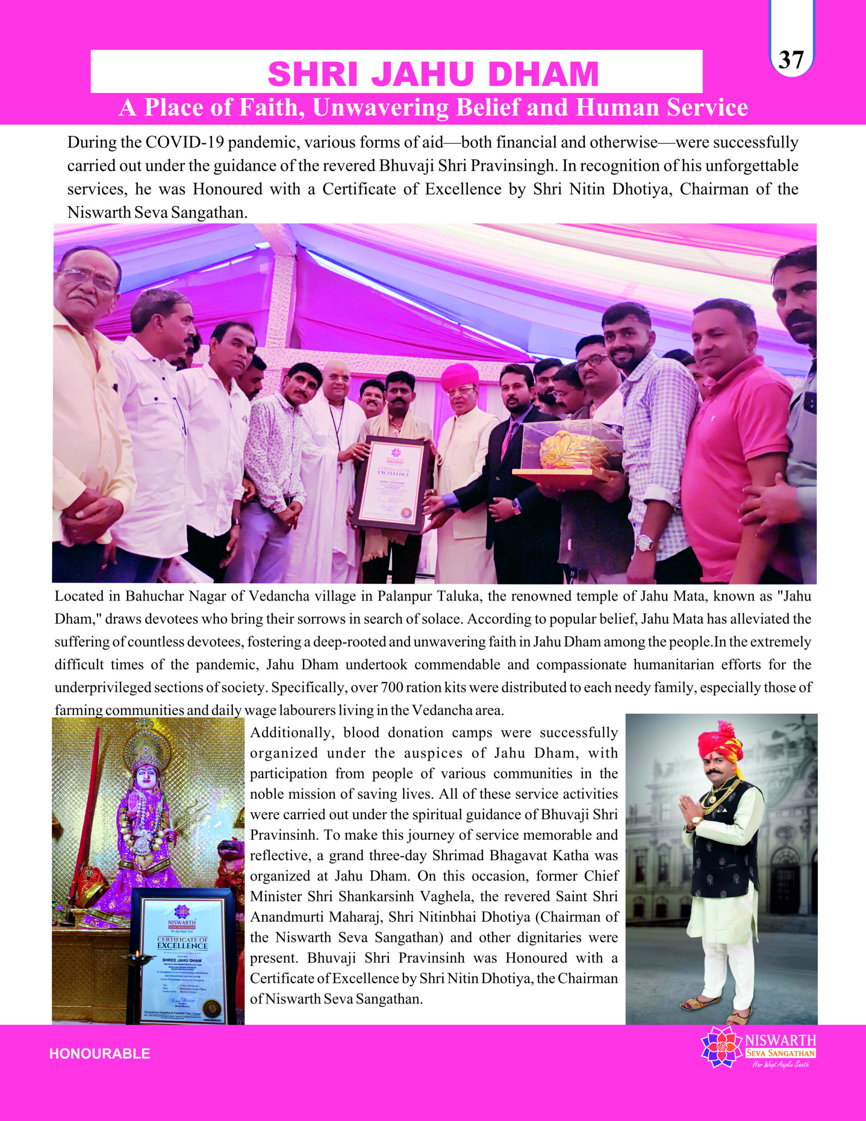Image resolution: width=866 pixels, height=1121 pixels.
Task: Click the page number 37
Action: tap(791, 60)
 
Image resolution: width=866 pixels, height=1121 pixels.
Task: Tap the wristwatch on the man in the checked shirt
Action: tap(644, 542)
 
